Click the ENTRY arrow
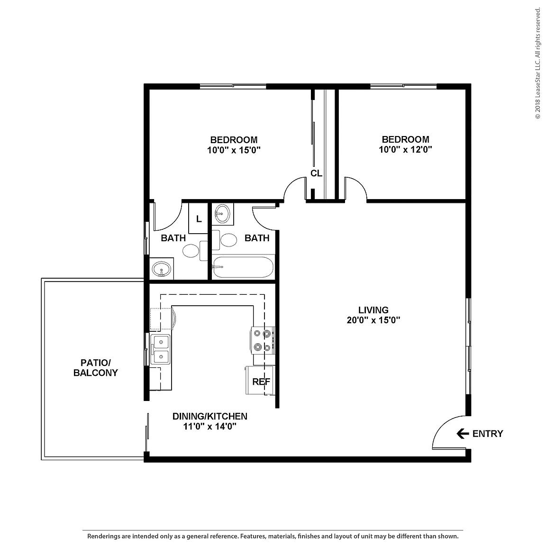tap(463, 434)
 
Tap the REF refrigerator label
tap(261, 382)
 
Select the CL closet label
tap(316, 173)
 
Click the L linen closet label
tap(199, 218)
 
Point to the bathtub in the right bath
tap(243, 267)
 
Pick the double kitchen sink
tap(161, 349)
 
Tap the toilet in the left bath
tap(194, 250)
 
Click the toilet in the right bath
tap(225, 240)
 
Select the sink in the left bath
tap(162, 269)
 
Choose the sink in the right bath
tap(222, 213)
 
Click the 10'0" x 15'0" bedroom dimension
tap(234, 150)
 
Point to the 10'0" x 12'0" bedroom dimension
tap(405, 149)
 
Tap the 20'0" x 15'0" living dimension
tap(373, 320)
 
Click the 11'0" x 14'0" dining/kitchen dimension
tap(209, 426)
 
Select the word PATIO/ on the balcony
tap(96, 363)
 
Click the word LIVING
tap(373, 310)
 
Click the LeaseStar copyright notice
tap(538, 63)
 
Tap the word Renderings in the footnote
tap(104, 536)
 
